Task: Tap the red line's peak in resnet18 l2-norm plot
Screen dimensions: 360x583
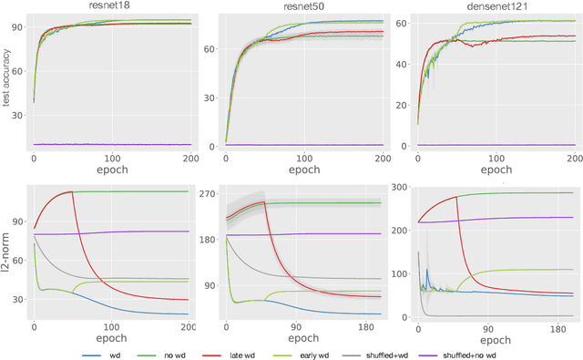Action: tap(70, 191)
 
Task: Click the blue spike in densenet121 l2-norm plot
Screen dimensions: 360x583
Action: tap(427, 271)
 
